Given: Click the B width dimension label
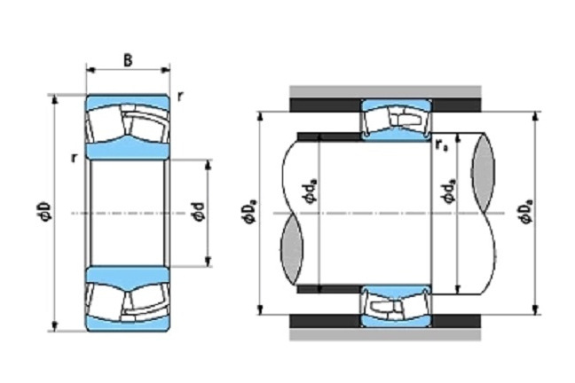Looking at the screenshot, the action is (128, 60).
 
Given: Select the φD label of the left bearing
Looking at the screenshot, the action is (45, 212).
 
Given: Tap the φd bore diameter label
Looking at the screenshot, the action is (199, 212).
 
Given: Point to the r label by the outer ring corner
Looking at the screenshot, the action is (179, 97).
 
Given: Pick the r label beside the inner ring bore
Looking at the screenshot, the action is (75, 158).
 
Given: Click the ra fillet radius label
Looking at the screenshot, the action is (441, 145).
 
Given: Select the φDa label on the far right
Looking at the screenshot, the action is (526, 212).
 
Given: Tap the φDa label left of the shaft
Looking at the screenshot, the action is (250, 212).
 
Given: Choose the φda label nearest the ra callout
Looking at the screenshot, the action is (449, 191).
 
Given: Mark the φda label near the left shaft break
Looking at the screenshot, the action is (310, 191).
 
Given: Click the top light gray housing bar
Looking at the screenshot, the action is (385, 91).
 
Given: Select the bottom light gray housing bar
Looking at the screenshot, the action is (385, 334).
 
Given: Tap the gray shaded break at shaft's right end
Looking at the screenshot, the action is (483, 172).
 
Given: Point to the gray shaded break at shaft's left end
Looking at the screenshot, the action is (292, 249).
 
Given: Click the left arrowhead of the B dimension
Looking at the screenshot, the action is (90, 70).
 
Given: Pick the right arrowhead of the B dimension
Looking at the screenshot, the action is (166, 70).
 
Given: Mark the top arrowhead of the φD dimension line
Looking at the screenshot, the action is (55, 99).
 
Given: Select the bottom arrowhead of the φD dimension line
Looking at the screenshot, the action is (55, 326).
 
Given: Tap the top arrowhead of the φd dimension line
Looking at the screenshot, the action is (208, 165).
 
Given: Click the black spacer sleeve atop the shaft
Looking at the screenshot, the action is (329, 137).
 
